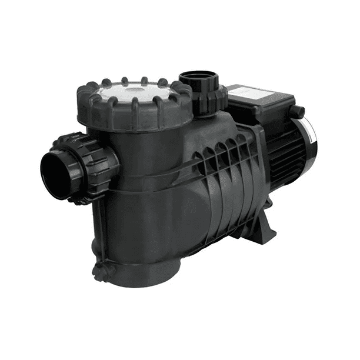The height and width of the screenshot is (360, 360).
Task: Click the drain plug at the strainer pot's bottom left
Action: coord(104,272)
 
